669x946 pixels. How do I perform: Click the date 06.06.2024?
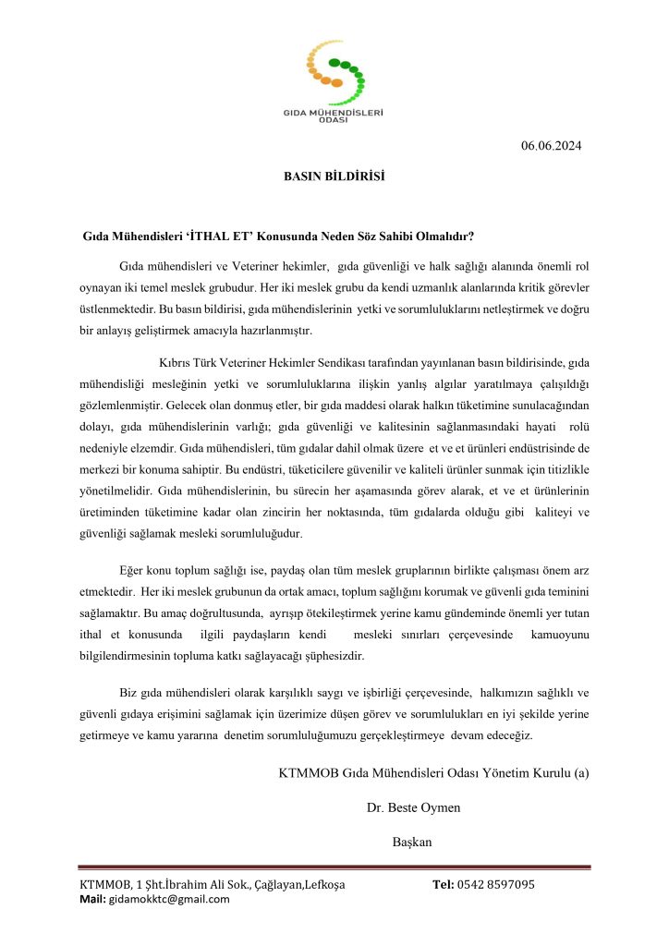tap(551, 145)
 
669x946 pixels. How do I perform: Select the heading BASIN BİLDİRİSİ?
tap(334, 176)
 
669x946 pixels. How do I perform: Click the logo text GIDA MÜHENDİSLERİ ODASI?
tap(334, 116)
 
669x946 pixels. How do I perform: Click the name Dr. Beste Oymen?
tap(413, 807)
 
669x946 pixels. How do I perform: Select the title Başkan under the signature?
tap(413, 842)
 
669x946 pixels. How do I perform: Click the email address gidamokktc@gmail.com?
tap(170, 900)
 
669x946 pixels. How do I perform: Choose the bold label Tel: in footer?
tap(444, 885)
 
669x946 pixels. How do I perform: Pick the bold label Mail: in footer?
tap(94, 900)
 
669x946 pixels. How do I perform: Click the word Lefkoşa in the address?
tap(321, 885)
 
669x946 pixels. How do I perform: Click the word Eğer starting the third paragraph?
tap(135, 570)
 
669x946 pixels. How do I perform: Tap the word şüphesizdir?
tap(332, 656)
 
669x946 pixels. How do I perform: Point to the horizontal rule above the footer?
tap(334, 867)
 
